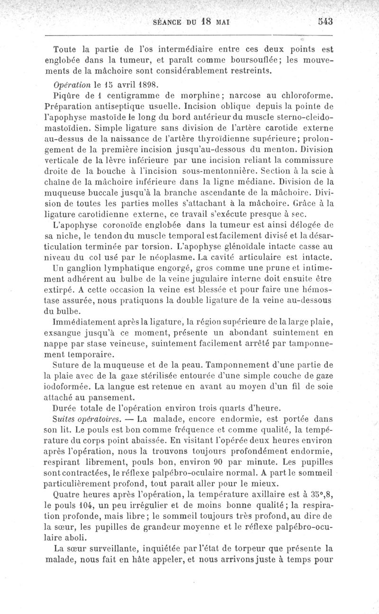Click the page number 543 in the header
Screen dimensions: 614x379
pos(325,22)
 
